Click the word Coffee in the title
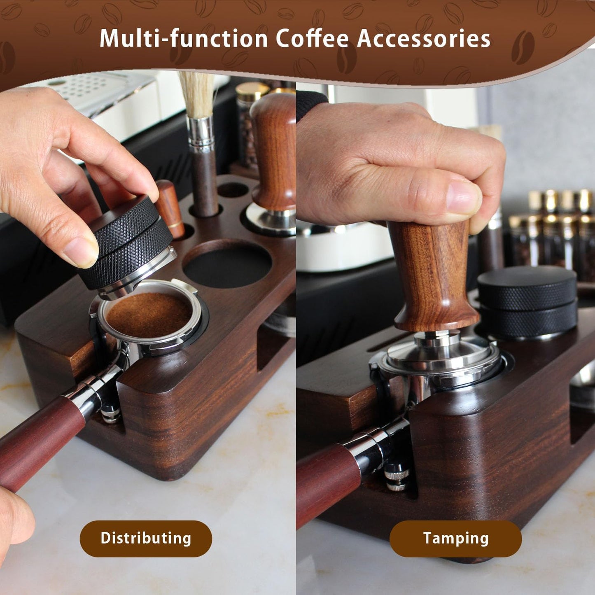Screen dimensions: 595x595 [x=312, y=39]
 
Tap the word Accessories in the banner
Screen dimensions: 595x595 [x=424, y=39]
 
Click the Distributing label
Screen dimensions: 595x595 [x=146, y=539]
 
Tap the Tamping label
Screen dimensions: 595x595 [x=455, y=539]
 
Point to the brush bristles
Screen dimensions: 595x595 [x=197, y=95]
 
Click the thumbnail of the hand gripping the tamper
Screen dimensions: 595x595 [x=464, y=197]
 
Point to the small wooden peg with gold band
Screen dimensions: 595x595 [x=170, y=208]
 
